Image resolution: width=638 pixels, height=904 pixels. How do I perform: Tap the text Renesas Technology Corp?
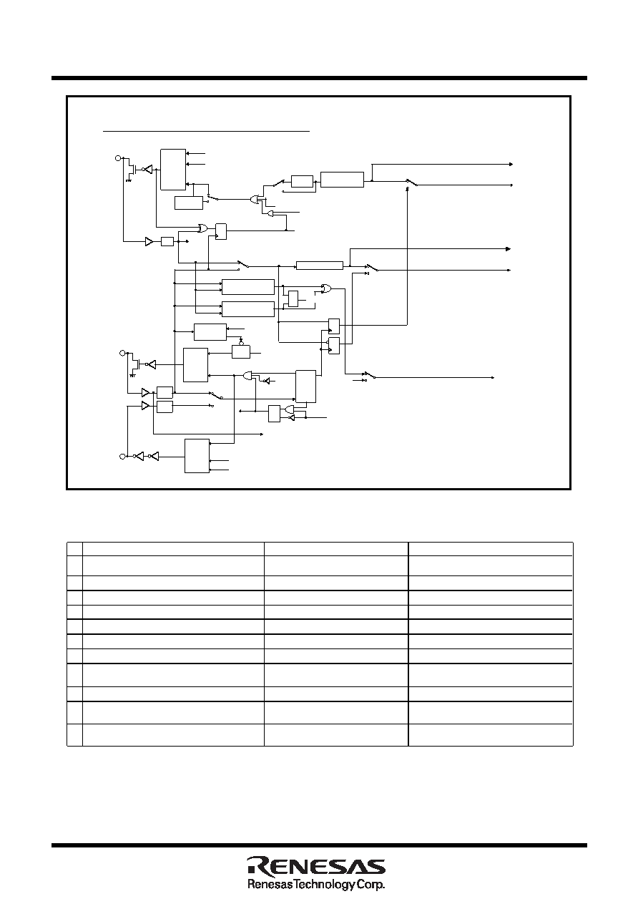[316, 885]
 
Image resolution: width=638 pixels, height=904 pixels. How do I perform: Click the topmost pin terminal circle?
[118, 158]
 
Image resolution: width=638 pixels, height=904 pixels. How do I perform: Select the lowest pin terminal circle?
[122, 457]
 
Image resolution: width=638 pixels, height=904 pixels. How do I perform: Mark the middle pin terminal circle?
[122, 353]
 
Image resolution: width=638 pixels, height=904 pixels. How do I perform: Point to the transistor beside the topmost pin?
[132, 169]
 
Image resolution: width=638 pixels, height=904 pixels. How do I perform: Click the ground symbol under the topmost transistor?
[129, 180]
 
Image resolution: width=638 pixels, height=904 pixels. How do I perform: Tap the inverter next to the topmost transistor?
[147, 170]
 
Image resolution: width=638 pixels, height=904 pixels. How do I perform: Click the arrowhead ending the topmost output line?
[511, 164]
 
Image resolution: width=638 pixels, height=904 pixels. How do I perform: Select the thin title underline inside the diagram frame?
[206, 131]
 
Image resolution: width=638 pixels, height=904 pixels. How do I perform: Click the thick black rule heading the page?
[319, 78]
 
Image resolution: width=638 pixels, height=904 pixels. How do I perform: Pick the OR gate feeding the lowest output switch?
[326, 288]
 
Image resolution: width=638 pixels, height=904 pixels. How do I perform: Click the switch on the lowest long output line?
[370, 375]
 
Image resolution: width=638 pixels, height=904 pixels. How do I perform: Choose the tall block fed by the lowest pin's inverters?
[197, 456]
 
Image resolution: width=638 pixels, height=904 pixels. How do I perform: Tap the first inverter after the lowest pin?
[139, 457]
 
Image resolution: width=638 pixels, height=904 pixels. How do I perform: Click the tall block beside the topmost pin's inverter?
[173, 170]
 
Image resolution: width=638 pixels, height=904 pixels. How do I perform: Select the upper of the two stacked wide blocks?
[248, 287]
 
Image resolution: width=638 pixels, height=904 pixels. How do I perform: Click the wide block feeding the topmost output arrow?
[342, 180]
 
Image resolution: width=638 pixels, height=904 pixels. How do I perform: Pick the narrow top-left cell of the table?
[74, 549]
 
